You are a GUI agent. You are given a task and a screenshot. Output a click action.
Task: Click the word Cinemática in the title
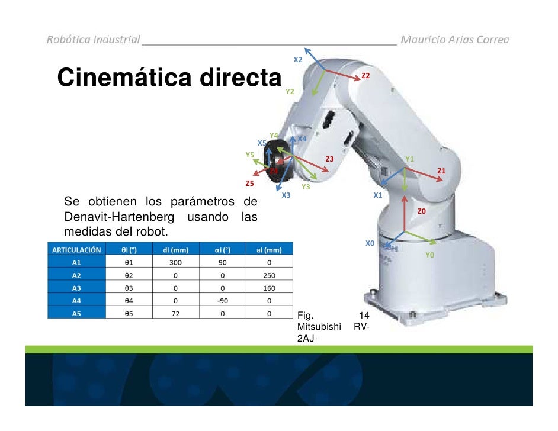[x=122, y=78]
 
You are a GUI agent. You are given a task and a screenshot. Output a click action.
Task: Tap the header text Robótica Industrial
[x=94, y=40]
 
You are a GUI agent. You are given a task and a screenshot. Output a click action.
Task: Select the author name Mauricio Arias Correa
[x=454, y=40]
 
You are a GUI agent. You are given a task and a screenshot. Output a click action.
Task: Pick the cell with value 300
[x=175, y=262]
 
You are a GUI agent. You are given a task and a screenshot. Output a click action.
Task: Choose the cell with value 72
[x=175, y=314]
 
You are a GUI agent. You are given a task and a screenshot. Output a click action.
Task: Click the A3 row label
[x=76, y=288]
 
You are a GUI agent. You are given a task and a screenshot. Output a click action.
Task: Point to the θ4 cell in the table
[x=127, y=301]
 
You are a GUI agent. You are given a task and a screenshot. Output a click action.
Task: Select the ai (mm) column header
[x=268, y=250]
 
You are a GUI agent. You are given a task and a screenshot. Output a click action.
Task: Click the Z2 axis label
[x=365, y=76]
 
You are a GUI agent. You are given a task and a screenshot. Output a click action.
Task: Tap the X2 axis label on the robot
[x=298, y=60]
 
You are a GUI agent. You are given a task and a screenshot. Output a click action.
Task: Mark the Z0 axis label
[x=422, y=211]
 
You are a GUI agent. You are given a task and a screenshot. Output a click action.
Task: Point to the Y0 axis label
[x=430, y=255]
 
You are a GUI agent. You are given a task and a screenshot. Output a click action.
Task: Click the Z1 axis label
[x=441, y=171]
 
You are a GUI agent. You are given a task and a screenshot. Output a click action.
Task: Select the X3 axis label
[x=286, y=195]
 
